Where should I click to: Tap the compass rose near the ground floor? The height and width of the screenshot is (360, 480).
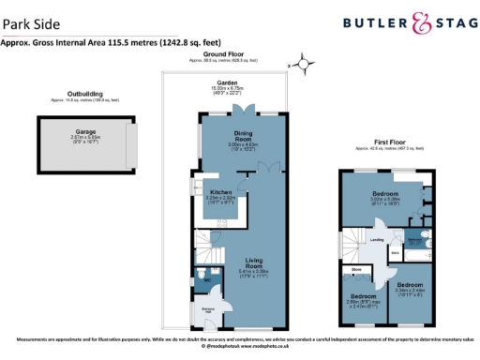point(304,64)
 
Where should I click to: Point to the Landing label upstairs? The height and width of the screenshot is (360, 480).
point(377,240)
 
